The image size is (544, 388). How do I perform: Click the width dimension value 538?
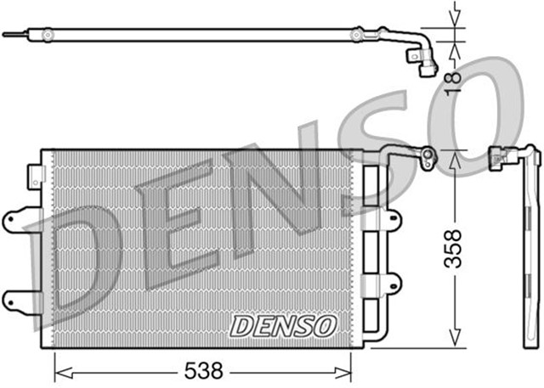[202, 370]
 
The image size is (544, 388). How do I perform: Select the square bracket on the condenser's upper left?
[35, 177]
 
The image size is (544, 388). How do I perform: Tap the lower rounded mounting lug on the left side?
[15, 298]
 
